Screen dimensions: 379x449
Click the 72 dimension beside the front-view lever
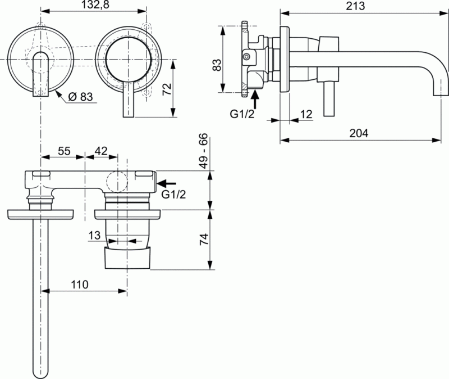pyautogui.click(x=167, y=88)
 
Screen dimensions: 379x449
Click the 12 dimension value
pyautogui.click(x=306, y=114)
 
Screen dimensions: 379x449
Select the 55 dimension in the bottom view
pyautogui.click(x=64, y=150)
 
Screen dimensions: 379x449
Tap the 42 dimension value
pyautogui.click(x=101, y=150)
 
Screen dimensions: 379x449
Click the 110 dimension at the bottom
pyautogui.click(x=80, y=285)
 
